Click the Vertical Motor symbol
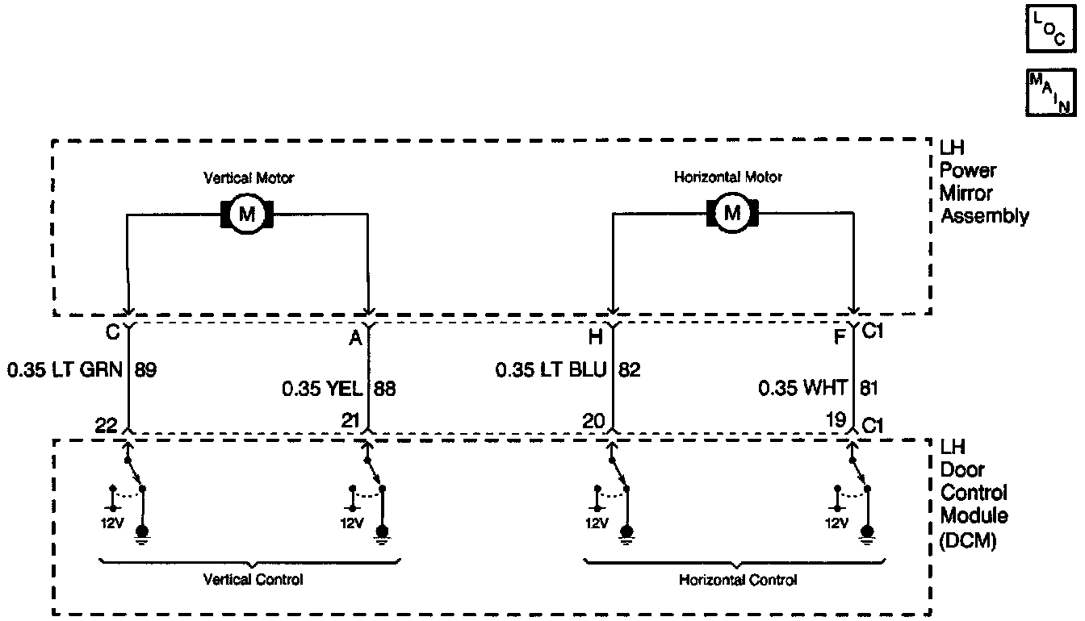pyautogui.click(x=247, y=214)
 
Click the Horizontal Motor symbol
pyautogui.click(x=732, y=214)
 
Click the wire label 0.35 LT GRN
pyautogui.click(x=65, y=370)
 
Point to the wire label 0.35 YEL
pyautogui.click(x=323, y=389)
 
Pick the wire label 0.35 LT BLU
pyautogui.click(x=554, y=370)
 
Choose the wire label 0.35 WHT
pyautogui.click(x=802, y=389)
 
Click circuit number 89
pyautogui.click(x=146, y=370)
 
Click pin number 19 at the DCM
pyautogui.click(x=836, y=419)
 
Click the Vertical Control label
pyautogui.click(x=253, y=580)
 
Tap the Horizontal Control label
pyautogui.click(x=738, y=580)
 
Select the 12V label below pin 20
pyautogui.click(x=596, y=523)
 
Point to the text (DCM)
pyautogui.click(x=968, y=542)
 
